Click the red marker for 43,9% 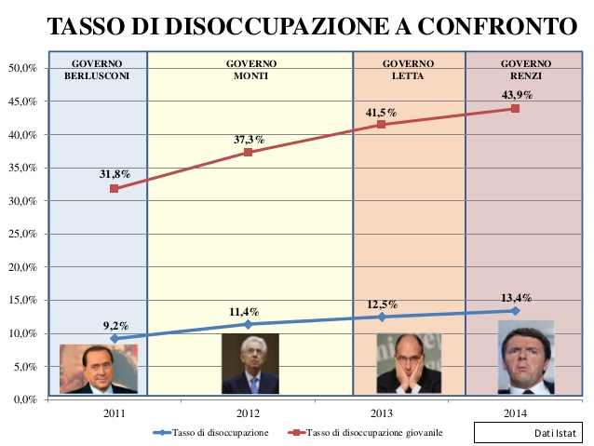[x=515, y=109]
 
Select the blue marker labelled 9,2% [x=115, y=338]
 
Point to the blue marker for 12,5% [x=381, y=317]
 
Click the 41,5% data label [x=381, y=113]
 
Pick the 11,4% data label [x=247, y=311]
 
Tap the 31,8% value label [x=115, y=174]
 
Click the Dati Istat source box [x=526, y=433]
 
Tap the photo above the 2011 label [x=97, y=368]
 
